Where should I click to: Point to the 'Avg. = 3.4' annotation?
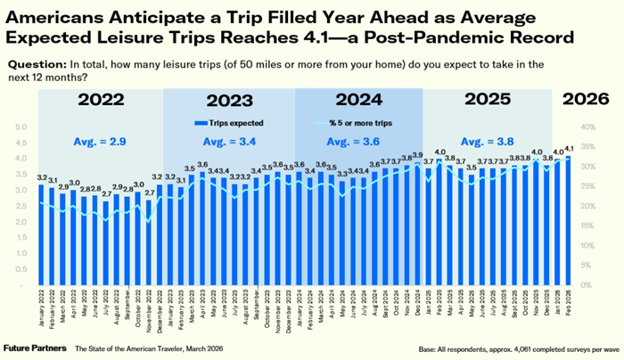click(229, 140)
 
